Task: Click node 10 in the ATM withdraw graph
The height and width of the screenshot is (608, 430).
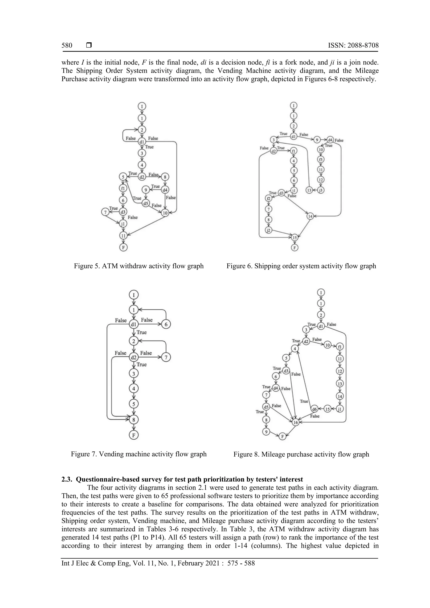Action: (165, 213)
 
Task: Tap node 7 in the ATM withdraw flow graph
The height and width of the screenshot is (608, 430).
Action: (105, 212)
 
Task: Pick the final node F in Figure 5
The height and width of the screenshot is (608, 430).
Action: (123, 247)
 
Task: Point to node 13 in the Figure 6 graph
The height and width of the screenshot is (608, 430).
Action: (309, 190)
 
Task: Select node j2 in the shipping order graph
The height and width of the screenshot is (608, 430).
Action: (269, 230)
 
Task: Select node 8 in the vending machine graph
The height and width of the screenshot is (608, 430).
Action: (134, 419)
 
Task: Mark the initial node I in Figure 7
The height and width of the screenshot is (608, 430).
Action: (134, 295)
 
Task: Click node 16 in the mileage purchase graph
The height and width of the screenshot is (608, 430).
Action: (295, 422)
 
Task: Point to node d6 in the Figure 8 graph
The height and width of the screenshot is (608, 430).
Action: (314, 409)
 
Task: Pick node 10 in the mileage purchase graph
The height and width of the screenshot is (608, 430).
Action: (328, 345)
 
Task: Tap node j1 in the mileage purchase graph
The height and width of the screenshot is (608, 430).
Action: (340, 409)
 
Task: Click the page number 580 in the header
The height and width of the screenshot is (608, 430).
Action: (67, 46)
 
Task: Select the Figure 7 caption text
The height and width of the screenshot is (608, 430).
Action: (139, 454)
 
